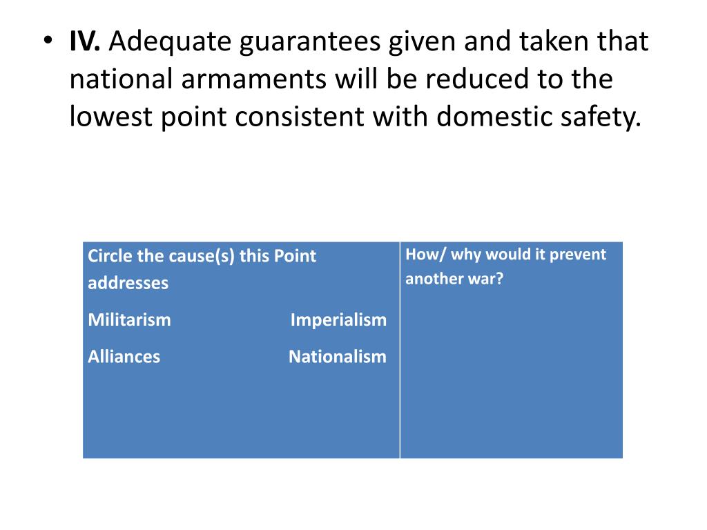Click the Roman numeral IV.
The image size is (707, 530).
coord(85,42)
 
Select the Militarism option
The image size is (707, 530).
coord(130,320)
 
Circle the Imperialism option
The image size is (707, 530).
coord(338,320)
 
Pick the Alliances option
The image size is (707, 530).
coord(124,357)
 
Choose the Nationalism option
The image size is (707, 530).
coord(338,357)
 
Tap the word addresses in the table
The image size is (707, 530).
coord(128,283)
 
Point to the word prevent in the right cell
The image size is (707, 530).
coord(576,254)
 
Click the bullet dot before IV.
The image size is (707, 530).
coord(46,43)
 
